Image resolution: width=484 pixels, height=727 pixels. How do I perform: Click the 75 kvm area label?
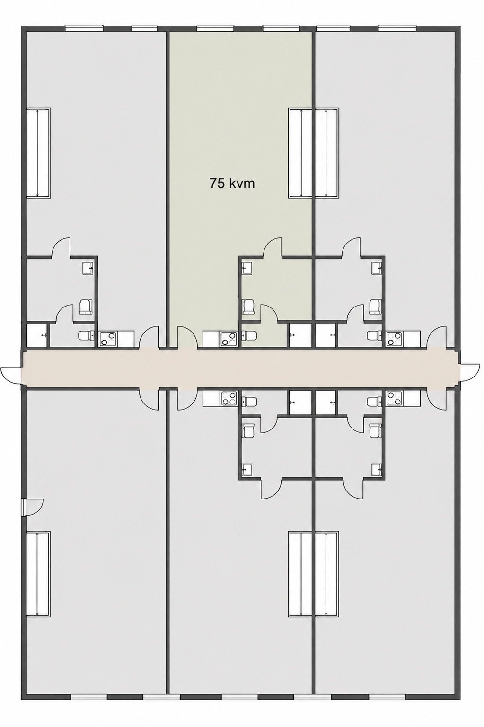point(231,184)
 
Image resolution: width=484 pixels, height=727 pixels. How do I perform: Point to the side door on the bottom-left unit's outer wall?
point(32,507)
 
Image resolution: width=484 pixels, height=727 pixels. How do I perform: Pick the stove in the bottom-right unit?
point(394,398)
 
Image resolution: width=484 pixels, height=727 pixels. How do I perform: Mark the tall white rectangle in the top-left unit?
point(38,153)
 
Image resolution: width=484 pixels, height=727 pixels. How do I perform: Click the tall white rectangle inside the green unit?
point(300,153)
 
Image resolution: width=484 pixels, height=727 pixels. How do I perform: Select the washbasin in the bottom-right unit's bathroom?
point(377,469)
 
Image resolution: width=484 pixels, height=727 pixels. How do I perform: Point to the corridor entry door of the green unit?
point(187,338)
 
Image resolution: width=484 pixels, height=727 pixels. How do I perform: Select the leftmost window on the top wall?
point(84,28)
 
